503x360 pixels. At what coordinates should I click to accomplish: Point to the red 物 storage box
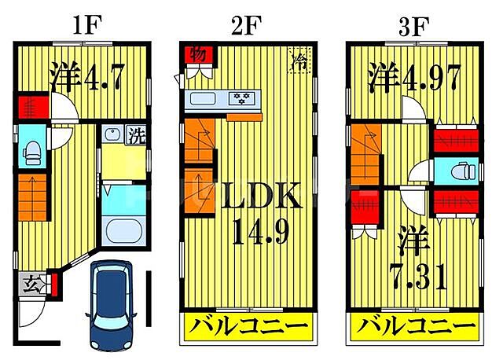[x=197, y=55]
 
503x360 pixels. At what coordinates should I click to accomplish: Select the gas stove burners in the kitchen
[x=239, y=99]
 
